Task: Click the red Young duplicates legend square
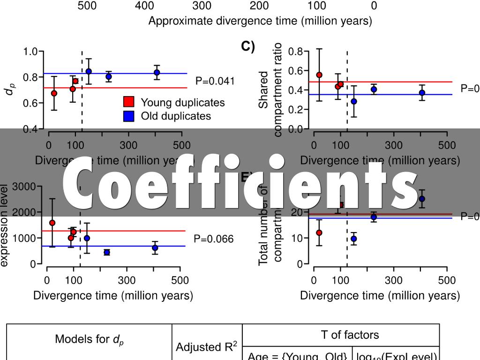pos(129,102)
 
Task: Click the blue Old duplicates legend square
pos(129,116)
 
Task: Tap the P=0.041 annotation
pos(215,81)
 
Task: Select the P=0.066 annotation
pos(214,239)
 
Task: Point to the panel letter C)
pos(248,46)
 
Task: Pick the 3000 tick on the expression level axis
pos(22,187)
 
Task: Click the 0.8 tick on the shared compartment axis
pos(296,51)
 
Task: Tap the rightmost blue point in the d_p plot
pos(157,72)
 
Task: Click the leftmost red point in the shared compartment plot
pos(319,75)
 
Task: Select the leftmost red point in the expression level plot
pos(52,223)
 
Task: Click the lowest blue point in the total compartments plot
pos(353,239)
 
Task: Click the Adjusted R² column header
pos(207,347)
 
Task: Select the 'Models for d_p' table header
pos(89,339)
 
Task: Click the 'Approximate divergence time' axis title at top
pos(260,21)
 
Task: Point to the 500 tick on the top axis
pos(87,6)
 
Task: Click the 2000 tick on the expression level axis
pos(22,212)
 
